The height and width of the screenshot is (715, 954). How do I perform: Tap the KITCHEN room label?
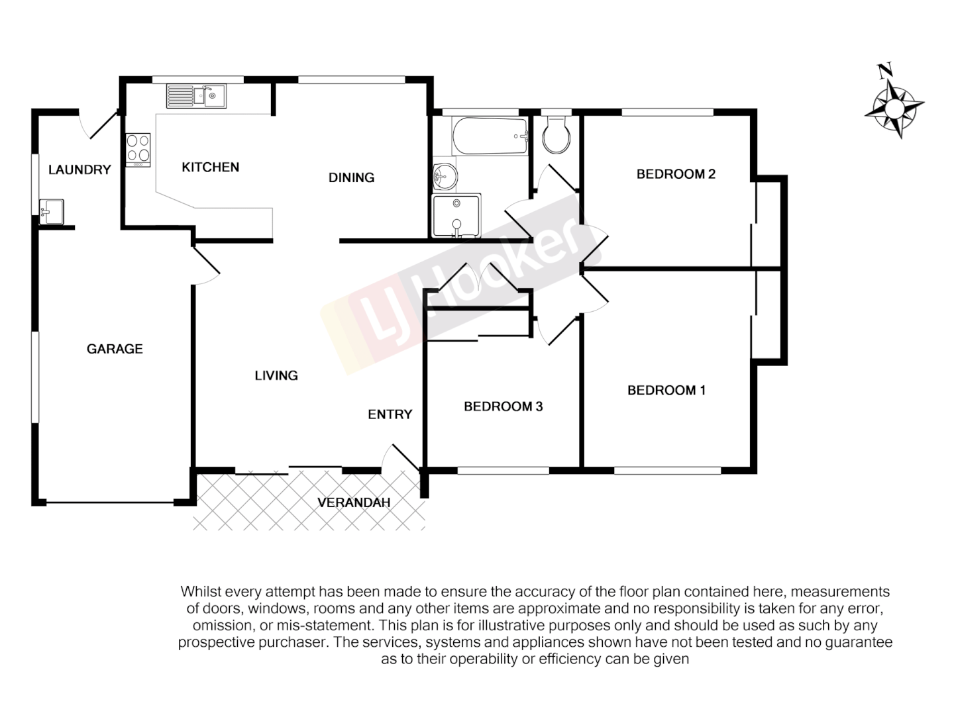tap(210, 167)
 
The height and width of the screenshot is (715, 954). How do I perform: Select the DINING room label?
tap(351, 177)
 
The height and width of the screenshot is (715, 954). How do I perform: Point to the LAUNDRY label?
tap(79, 170)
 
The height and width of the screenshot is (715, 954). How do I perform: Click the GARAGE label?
tap(115, 349)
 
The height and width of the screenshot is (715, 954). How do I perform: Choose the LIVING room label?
tap(276, 375)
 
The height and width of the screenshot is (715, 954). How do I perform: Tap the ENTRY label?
tap(390, 414)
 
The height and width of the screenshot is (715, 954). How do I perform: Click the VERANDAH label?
tap(354, 502)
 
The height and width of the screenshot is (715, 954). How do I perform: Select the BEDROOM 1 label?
tap(666, 390)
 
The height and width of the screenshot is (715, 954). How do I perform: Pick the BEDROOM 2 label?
tap(676, 174)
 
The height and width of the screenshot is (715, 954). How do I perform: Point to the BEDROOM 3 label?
tap(503, 406)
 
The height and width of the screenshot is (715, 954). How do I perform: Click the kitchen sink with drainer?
tap(196, 96)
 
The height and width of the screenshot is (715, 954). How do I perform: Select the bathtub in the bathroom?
tap(490, 136)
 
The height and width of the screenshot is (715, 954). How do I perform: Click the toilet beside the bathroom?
tap(556, 135)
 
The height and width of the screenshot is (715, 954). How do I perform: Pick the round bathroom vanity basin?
tap(445, 177)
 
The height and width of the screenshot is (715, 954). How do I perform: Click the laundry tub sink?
tap(51, 212)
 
